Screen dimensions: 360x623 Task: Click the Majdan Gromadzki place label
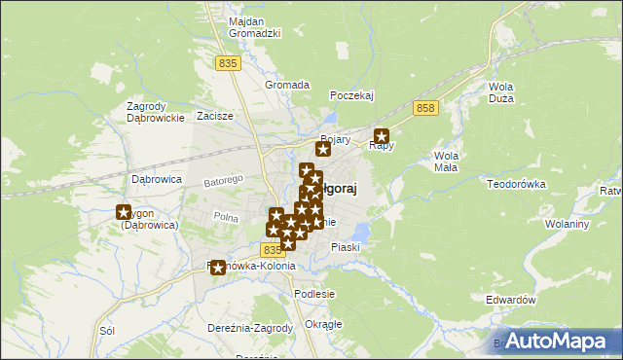pyautogui.click(x=254, y=27)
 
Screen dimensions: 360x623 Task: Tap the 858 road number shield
pyautogui.click(x=424, y=108)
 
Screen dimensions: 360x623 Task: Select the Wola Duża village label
pyautogui.click(x=500, y=92)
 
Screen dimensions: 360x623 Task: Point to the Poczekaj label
pyautogui.click(x=352, y=95)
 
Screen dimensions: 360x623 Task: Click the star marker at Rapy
pyautogui.click(x=382, y=137)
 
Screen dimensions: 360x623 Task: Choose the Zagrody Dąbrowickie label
pyautogui.click(x=156, y=112)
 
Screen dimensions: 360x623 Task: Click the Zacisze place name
pyautogui.click(x=215, y=116)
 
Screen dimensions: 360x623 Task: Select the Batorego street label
pyautogui.click(x=222, y=181)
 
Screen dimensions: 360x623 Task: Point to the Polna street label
pyautogui.click(x=226, y=217)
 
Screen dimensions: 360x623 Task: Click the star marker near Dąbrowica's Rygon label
pyautogui.click(x=124, y=213)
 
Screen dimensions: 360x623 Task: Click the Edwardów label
pyautogui.click(x=512, y=301)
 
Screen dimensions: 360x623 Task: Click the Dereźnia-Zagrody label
pyautogui.click(x=250, y=328)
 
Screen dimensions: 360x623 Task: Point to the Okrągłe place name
pyautogui.click(x=323, y=324)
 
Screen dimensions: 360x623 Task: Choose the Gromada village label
pyautogui.click(x=287, y=85)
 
